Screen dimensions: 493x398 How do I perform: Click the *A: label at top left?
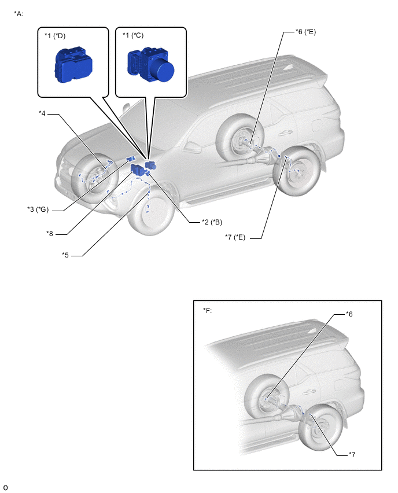click(18, 13)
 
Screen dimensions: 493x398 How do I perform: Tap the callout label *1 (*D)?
click(56, 36)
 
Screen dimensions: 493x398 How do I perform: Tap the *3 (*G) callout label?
click(38, 209)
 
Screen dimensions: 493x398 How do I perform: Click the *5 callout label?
click(66, 255)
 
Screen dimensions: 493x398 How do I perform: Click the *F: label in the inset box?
click(208, 311)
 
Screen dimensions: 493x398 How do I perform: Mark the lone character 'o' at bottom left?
click(6, 487)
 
